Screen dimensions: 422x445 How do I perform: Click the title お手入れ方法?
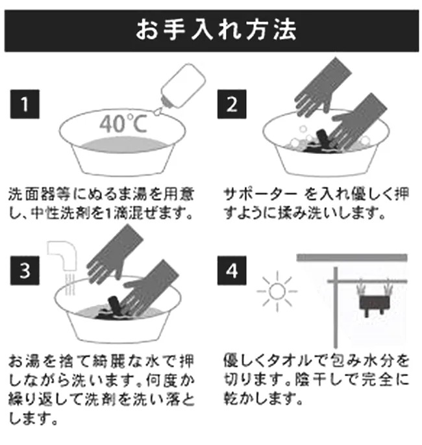coord(216,30)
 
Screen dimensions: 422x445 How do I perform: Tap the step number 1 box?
coord(25,104)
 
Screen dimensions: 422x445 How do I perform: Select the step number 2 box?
coord(232,104)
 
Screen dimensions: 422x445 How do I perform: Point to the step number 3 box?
coord(25,270)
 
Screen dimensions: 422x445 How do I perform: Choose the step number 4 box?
coord(232,270)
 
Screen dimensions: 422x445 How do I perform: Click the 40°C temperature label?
coord(123,123)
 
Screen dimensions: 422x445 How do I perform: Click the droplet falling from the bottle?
coord(157,112)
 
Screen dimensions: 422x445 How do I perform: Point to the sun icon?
coord(277,292)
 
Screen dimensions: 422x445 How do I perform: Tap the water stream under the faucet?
coord(69,285)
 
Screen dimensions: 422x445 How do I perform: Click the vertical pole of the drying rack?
coord(336,307)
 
